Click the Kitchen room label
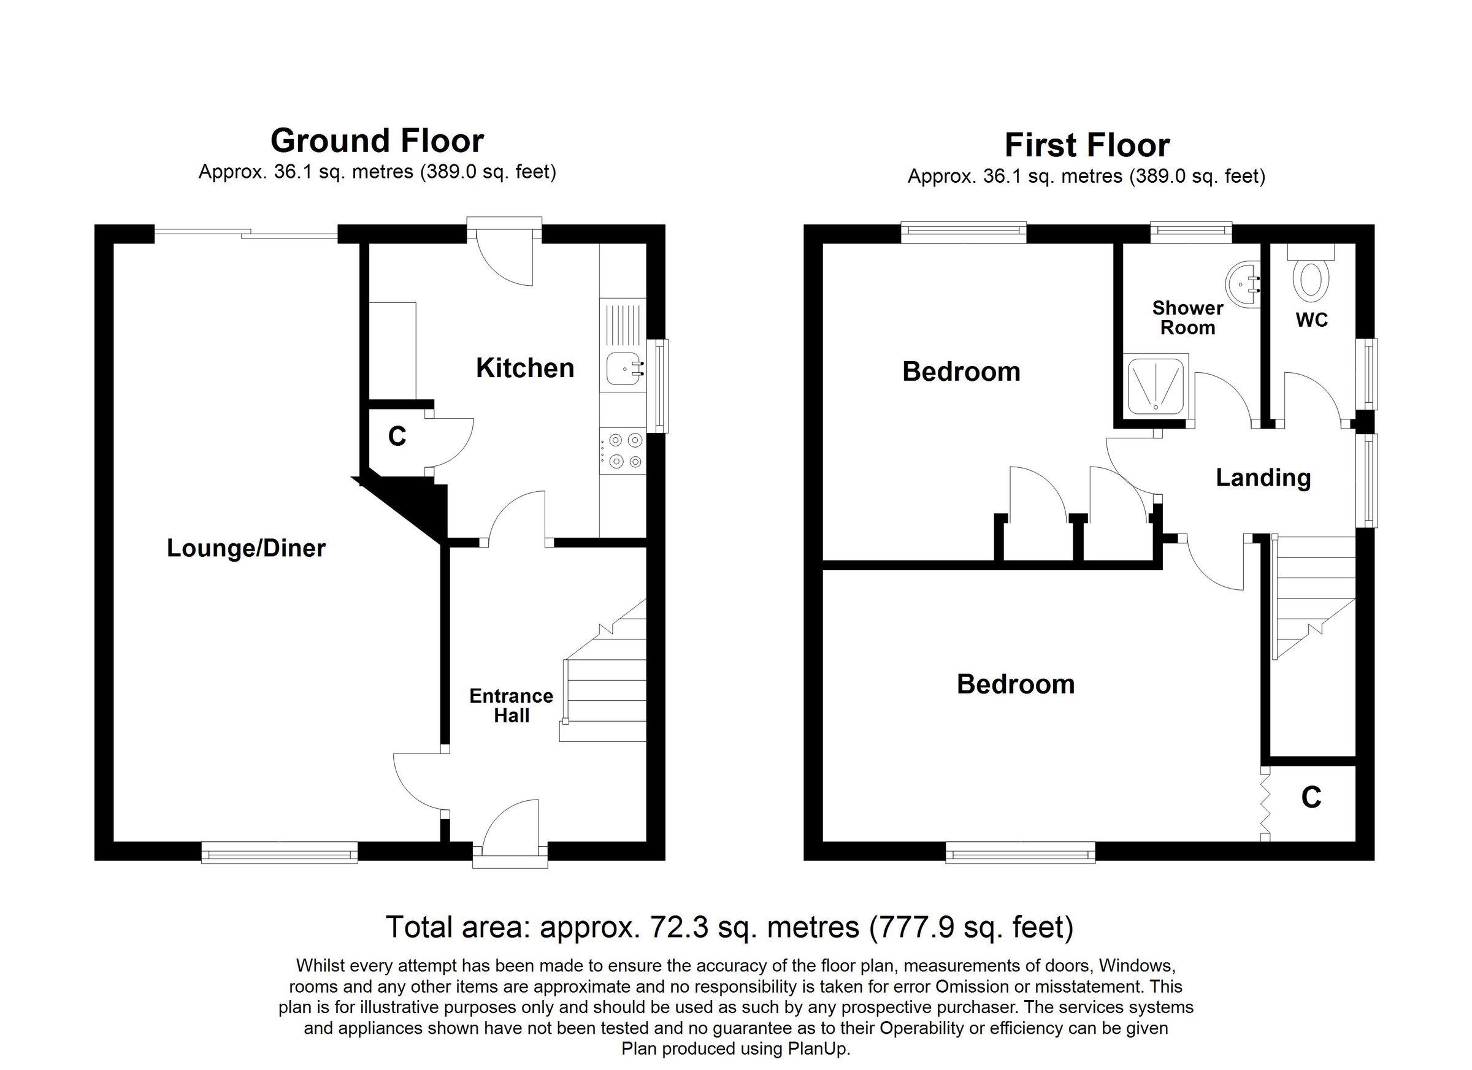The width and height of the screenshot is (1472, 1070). pyautogui.click(x=524, y=369)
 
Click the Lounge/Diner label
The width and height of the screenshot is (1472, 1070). pyautogui.click(x=246, y=549)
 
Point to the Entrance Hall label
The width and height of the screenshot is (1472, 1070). pyautogui.click(x=512, y=706)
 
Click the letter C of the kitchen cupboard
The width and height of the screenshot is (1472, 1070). pyautogui.click(x=397, y=437)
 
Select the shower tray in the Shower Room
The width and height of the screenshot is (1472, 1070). pyautogui.click(x=1157, y=388)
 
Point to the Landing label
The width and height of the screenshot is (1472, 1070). pyautogui.click(x=1263, y=478)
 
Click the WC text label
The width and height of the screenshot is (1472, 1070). pyautogui.click(x=1312, y=320)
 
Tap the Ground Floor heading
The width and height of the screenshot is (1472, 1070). pyautogui.click(x=377, y=141)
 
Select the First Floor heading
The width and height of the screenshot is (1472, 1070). pyautogui.click(x=1086, y=145)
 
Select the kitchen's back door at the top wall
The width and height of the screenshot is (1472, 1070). pyautogui.click(x=505, y=256)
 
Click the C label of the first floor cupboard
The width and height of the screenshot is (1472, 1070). pyautogui.click(x=1311, y=798)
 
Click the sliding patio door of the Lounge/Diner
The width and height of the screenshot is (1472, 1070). pyautogui.click(x=247, y=234)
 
